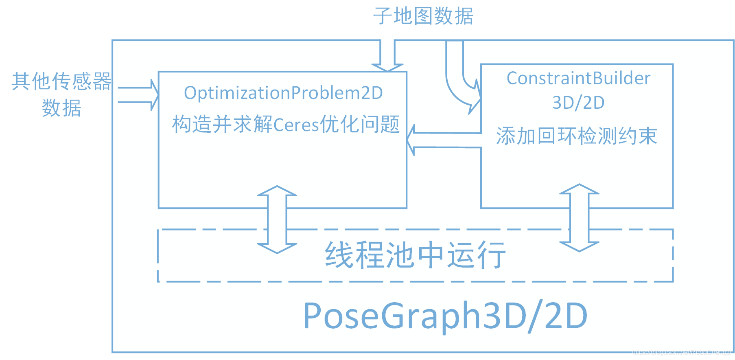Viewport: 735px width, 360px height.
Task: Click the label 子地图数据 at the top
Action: [x=423, y=17]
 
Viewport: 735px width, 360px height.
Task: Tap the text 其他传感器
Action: [x=61, y=81]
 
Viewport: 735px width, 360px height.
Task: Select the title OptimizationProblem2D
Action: [x=283, y=93]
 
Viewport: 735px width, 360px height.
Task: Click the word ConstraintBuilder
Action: [x=578, y=78]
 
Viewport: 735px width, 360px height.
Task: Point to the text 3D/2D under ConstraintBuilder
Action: [x=578, y=103]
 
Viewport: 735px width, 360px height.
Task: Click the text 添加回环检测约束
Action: [x=577, y=136]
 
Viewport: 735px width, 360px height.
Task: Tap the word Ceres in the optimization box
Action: [x=296, y=125]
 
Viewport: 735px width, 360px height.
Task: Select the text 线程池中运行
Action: [x=416, y=255]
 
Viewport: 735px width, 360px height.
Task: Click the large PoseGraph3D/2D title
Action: [x=445, y=316]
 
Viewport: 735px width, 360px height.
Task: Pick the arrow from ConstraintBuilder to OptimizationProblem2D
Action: [x=444, y=140]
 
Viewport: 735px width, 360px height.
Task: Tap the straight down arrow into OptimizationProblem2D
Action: [x=387, y=55]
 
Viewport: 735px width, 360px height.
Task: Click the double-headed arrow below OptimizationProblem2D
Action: [x=277, y=220]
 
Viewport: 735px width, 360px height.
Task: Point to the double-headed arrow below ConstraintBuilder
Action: [x=579, y=218]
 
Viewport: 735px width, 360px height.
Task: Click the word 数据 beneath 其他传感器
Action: [x=61, y=108]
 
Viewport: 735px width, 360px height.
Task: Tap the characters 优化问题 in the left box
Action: [x=360, y=124]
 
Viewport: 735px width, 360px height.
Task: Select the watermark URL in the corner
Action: [x=682, y=352]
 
